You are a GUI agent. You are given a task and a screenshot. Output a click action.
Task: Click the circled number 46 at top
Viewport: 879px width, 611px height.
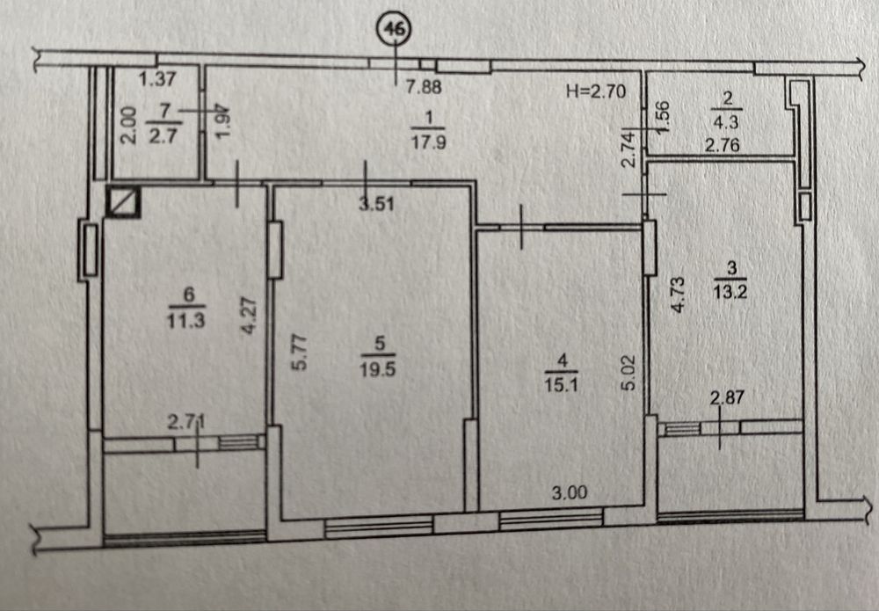pyautogui.click(x=393, y=29)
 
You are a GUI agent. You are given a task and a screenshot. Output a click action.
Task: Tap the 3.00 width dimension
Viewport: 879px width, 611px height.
pyautogui.click(x=570, y=493)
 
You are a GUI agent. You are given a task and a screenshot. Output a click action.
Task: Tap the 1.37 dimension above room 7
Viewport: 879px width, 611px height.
pyautogui.click(x=158, y=79)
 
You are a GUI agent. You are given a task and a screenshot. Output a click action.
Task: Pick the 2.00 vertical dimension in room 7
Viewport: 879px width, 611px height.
pyautogui.click(x=128, y=126)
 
